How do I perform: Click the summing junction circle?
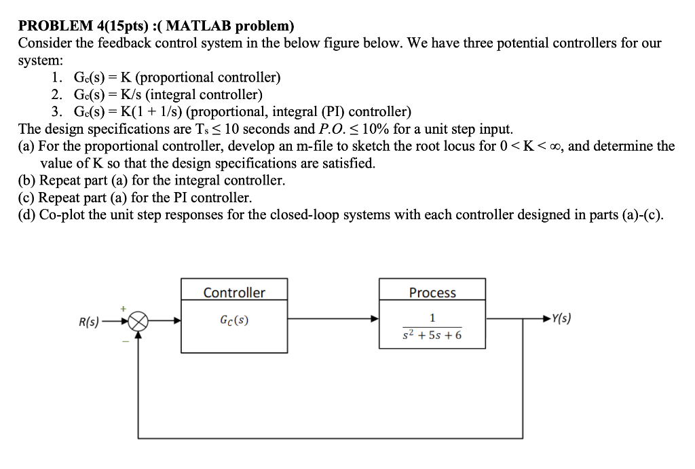(138, 322)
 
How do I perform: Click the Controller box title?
(234, 293)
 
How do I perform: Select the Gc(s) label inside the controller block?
(234, 320)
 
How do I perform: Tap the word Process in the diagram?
(432, 293)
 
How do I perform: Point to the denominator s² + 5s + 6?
(432, 335)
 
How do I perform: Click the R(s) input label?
(89, 322)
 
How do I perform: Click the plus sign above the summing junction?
(124, 309)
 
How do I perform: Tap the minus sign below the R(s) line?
(124, 341)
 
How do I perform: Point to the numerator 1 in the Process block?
(432, 318)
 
